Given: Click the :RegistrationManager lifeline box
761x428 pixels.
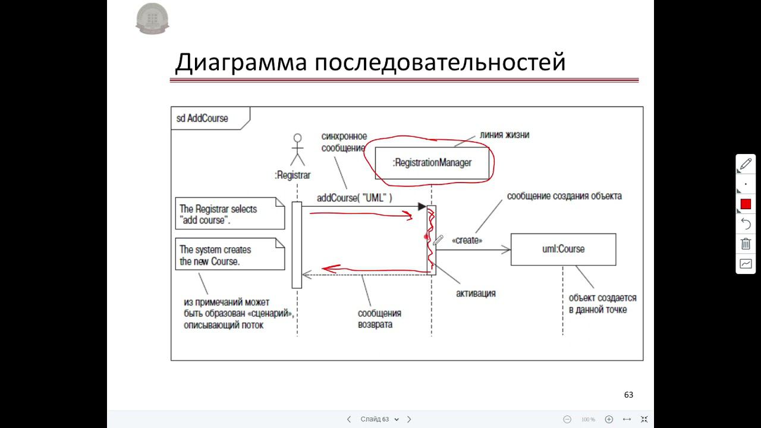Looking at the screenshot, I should click(432, 162).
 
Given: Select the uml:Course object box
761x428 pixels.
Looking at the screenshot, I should click(563, 249).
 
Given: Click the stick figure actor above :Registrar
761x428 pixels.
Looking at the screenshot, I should click(297, 150).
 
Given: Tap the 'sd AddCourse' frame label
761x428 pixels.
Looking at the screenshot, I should click(203, 118).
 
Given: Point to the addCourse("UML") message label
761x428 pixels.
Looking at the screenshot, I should click(354, 198).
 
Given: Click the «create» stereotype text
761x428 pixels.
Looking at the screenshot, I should click(467, 240).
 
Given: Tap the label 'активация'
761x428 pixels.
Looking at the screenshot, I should click(476, 293).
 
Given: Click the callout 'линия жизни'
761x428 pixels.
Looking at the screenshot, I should click(504, 135).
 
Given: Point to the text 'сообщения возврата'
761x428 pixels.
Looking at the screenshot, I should click(379, 319).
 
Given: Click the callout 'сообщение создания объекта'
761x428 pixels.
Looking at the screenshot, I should click(564, 196).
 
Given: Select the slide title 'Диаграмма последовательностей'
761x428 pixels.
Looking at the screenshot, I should click(370, 62).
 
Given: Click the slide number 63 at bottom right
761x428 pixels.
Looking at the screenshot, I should click(628, 395).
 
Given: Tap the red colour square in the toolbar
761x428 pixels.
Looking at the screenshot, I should click(746, 204).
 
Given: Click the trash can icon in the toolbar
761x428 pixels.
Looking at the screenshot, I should click(746, 244).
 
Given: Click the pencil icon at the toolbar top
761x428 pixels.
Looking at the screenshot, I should click(746, 164).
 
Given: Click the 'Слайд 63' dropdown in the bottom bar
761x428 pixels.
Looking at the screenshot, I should click(379, 419).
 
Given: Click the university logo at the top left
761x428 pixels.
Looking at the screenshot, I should click(152, 18).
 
